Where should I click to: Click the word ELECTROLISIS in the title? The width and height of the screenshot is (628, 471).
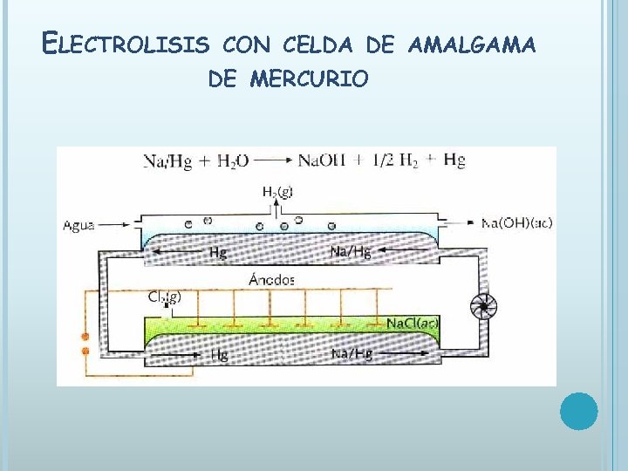(126, 41)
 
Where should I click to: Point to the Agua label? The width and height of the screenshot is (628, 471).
(78, 225)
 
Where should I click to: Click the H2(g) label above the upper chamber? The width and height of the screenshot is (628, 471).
(277, 191)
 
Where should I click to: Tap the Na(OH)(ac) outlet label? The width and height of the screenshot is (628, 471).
(517, 222)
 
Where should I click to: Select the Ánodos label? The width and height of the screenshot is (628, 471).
(272, 280)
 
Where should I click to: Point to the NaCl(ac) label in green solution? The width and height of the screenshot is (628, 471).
(413, 324)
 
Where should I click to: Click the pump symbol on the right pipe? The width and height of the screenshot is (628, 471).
(481, 305)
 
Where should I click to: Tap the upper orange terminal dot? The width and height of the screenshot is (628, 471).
(85, 337)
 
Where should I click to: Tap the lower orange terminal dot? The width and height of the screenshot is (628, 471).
(85, 352)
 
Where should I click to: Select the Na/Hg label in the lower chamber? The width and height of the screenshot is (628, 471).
(352, 353)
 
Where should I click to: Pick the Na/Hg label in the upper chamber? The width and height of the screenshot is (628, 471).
(351, 252)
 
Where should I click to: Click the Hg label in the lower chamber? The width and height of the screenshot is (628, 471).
(219, 354)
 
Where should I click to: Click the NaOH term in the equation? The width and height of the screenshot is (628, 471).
(322, 160)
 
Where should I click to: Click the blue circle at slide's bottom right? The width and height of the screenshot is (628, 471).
(578, 411)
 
